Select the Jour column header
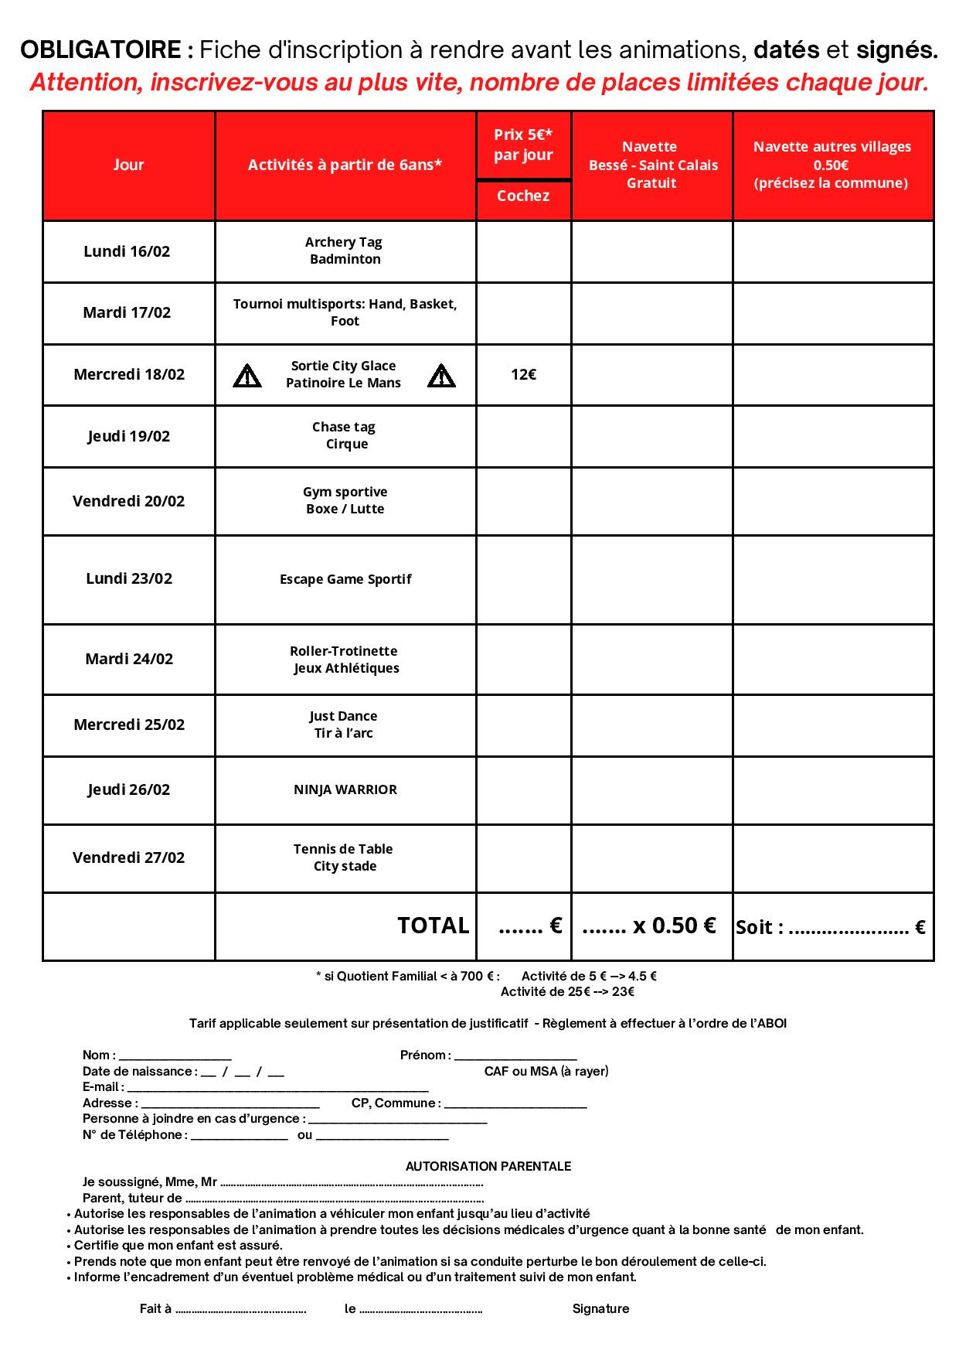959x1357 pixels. coord(128,165)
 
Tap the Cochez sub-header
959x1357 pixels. coord(523,196)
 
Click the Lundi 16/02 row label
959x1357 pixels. coord(127,251)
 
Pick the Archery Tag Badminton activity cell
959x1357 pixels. coord(345,251)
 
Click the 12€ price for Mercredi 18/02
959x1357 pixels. coord(523,375)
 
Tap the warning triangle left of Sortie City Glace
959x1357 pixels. coord(247,376)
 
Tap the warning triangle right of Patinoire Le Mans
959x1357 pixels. coord(441,376)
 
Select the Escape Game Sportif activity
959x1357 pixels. coord(345,579)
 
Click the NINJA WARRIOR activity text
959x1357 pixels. coord(345,789)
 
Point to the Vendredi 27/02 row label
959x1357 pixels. coord(128,858)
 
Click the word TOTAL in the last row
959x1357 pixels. coord(433,926)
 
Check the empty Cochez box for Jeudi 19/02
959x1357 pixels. coord(523,436)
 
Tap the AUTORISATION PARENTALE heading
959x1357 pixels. coord(488,1166)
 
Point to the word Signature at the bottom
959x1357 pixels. coord(600,1308)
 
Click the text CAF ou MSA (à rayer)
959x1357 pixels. coord(546,1071)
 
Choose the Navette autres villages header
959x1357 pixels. coord(832,165)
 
